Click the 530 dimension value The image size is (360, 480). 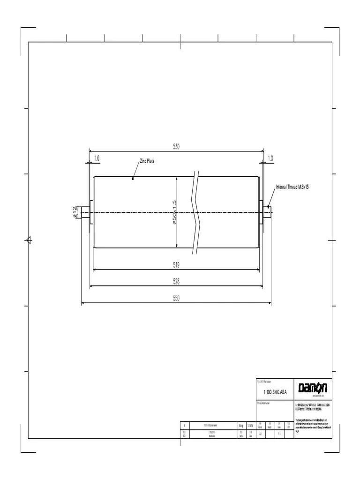click(x=176, y=147)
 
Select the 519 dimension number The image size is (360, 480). click(x=176, y=265)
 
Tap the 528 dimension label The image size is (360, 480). click(x=176, y=281)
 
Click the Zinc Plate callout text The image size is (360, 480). click(x=147, y=161)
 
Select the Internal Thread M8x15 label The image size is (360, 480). click(x=292, y=187)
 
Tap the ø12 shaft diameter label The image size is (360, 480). click(x=75, y=212)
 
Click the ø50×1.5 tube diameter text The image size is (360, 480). click(x=174, y=212)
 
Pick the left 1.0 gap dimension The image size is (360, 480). click(x=97, y=158)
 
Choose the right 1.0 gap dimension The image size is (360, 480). click(x=270, y=158)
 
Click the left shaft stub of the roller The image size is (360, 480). click(x=85, y=212)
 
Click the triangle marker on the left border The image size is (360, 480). click(x=28, y=240)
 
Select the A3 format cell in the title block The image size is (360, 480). click(x=261, y=434)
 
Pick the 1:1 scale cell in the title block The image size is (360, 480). click(x=279, y=434)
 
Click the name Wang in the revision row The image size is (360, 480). click(x=241, y=426)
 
